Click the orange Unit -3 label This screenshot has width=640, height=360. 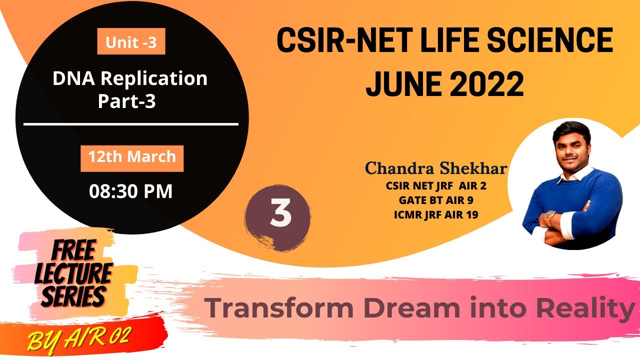[131, 42]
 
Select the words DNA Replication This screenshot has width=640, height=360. [130, 78]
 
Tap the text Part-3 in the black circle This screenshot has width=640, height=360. [127, 101]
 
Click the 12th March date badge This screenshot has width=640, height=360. [132, 157]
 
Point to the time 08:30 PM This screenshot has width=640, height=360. [130, 191]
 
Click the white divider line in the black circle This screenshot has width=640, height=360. [131, 124]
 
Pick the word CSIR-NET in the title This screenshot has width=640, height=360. [340, 41]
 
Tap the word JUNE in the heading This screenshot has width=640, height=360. [400, 84]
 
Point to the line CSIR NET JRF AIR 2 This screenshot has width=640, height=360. [436, 186]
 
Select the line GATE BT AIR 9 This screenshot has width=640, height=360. [436, 200]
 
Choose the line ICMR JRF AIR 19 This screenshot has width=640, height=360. [436, 215]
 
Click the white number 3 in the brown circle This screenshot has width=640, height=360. [280, 213]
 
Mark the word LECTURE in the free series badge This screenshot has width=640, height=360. [74, 274]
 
